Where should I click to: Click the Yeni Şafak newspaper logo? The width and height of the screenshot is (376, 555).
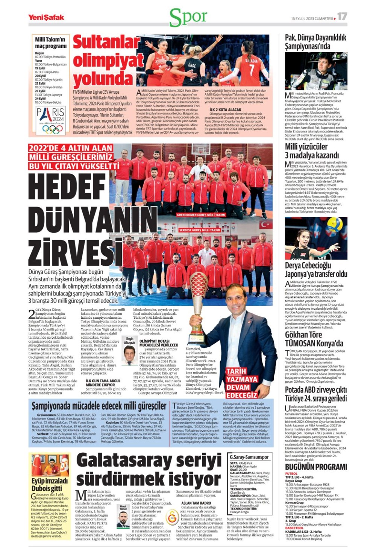pyautogui.click(x=46, y=17)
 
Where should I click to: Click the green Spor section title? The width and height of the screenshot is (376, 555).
pyautogui.click(x=188, y=17)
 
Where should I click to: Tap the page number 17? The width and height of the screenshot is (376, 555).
pyautogui.click(x=342, y=16)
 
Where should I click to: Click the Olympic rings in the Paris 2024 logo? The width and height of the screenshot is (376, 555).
pyautogui.click(x=52, y=129)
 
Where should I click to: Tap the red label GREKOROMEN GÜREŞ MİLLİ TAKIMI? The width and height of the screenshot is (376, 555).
pyautogui.click(x=201, y=214)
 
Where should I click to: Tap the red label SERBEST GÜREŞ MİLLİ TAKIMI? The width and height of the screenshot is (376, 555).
pyautogui.click(x=200, y=230)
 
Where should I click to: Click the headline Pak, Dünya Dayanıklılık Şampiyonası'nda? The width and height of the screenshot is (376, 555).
pyautogui.click(x=315, y=42)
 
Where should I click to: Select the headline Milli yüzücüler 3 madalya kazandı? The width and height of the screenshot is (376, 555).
pyautogui.click(x=312, y=151)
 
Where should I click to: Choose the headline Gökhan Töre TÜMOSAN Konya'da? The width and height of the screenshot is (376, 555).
pyautogui.click(x=314, y=339)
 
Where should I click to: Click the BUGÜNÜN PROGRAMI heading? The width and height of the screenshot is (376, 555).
pyautogui.click(x=316, y=467)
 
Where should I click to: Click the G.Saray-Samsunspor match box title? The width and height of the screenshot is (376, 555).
pyautogui.click(x=249, y=457)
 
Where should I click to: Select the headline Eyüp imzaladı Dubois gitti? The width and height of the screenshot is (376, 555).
pyautogui.click(x=50, y=485)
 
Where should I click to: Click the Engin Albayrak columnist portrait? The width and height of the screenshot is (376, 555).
pyautogui.click(x=130, y=356)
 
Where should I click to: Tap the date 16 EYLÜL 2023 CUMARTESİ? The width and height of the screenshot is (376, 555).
pyautogui.click(x=312, y=18)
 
